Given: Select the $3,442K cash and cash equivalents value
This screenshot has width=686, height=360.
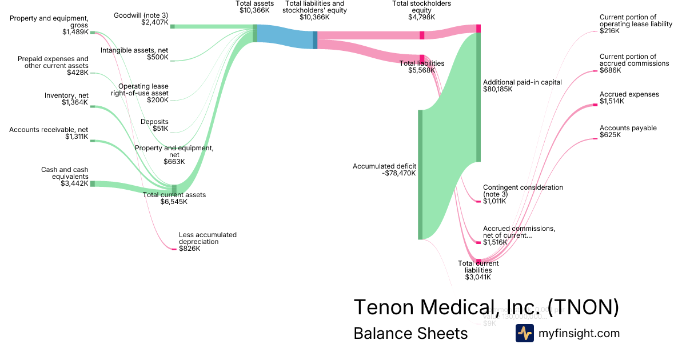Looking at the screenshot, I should [74, 183].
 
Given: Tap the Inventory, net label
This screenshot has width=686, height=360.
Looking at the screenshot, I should [66, 95].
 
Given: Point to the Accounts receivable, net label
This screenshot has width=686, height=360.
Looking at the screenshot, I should [49, 130].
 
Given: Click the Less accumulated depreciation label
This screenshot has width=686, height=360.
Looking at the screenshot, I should [208, 238].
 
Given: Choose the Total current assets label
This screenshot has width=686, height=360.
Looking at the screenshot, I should [174, 195].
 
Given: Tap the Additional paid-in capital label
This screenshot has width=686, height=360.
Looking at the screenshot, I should [522, 82].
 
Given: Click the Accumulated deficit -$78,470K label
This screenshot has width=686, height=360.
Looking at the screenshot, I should [384, 170].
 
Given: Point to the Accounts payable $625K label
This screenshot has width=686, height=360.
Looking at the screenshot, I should [628, 131].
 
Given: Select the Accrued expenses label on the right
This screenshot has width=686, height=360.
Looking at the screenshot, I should [629, 94].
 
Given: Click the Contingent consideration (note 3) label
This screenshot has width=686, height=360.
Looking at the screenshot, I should [523, 191].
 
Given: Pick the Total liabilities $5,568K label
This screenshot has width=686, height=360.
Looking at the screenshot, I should [422, 67].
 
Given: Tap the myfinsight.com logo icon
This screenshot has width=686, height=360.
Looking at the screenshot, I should [524, 333].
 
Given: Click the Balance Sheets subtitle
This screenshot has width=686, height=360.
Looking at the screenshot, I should [410, 333].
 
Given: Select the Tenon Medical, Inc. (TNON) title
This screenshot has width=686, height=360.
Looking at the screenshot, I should [486, 307].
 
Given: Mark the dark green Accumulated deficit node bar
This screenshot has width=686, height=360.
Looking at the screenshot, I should [420, 174].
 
